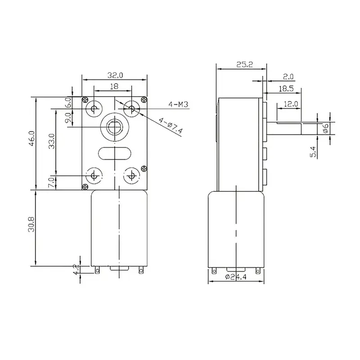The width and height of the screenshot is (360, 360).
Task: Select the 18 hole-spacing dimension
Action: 114,85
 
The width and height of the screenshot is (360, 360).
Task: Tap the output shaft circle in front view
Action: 114,126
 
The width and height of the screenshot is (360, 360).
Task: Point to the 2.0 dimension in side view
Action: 288,76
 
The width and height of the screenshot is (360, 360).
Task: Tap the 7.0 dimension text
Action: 52,182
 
